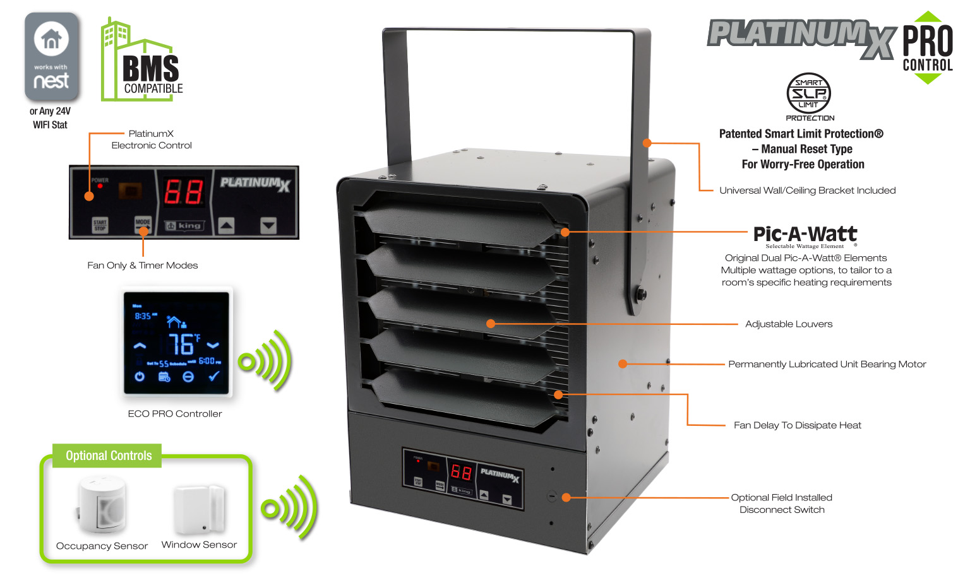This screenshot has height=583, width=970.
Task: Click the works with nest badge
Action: (51, 57)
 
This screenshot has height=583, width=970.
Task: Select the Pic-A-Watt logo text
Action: (805, 235)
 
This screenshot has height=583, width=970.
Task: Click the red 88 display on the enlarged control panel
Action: (184, 192)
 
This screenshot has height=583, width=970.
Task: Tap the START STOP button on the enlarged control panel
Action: (100, 225)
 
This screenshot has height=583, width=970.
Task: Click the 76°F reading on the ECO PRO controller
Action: (183, 344)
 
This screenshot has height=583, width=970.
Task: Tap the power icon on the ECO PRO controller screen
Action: (140, 377)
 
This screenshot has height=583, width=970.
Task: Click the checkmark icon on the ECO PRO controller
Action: (214, 376)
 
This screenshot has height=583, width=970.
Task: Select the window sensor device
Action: (200, 508)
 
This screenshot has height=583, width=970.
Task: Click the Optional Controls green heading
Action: (109, 456)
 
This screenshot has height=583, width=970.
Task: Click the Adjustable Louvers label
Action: (789, 324)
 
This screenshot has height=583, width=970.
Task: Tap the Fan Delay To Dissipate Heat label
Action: (797, 425)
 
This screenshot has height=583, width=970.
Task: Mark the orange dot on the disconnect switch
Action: (566, 497)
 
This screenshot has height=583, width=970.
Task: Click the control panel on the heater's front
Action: (463, 478)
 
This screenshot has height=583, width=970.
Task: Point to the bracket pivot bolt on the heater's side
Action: (641, 293)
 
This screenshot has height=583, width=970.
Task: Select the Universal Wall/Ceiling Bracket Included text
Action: (807, 191)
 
